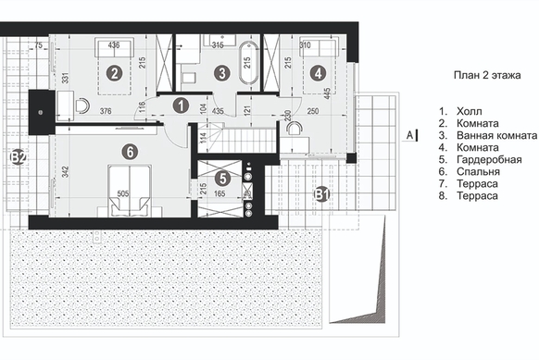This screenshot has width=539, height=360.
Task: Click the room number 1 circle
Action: coord(181,106)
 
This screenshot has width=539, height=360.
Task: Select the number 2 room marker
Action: coord(115,73)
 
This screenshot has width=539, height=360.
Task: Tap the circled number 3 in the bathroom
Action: coord(221,73)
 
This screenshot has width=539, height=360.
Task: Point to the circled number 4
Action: coord(318,73)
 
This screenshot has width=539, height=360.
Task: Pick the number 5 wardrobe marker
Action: coord(223,179)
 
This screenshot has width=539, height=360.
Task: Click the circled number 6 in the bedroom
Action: coord(130,152)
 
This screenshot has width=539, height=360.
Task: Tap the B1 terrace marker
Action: coord(321,194)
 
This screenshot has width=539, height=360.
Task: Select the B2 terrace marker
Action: coord(18,157)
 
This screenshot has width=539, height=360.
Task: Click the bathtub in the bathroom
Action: coord(248,63)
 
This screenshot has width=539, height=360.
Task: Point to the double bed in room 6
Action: coord(130,191)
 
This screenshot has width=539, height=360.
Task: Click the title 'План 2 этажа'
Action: coord(487,75)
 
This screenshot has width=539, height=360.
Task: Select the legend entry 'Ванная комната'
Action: coord(496,135)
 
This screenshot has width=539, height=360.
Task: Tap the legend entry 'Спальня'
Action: coord(478,171)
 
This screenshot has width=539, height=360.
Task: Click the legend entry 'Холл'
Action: coord(470,111)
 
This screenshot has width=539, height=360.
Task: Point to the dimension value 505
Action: coord(123,193)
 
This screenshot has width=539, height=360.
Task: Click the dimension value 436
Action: coord(114,44)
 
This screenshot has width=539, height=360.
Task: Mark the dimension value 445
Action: coord(327,94)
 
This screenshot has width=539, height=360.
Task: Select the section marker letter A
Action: coord(409,135)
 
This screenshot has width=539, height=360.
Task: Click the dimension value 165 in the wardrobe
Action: coord(219,193)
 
